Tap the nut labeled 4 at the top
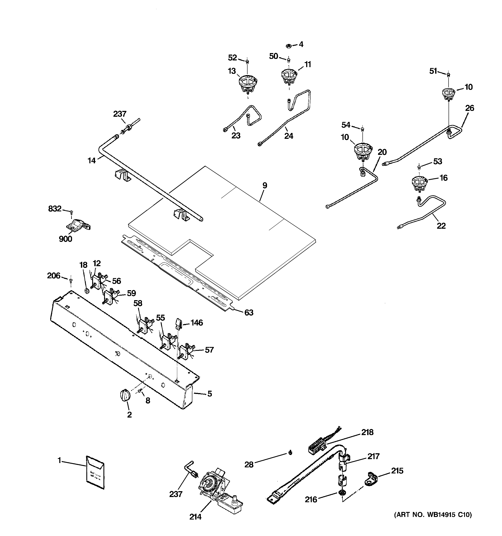pos(288,45)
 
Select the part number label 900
pos(66,239)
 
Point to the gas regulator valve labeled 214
pos(216,490)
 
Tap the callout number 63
pos(249,313)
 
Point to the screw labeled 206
pos(71,281)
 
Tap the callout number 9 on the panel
pos(265,186)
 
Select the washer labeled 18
pos(87,291)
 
